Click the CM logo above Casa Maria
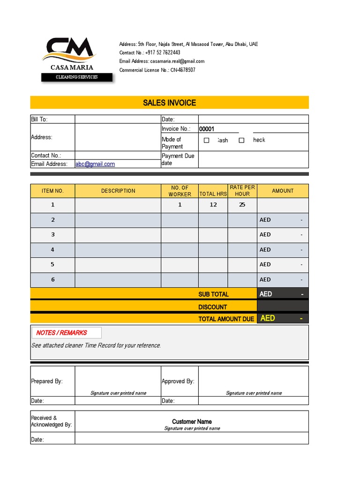click(69, 50)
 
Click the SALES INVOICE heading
click(169, 103)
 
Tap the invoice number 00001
click(207, 129)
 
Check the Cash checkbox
click(207, 140)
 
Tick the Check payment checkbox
click(242, 140)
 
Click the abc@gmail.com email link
click(95, 164)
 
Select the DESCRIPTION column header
click(118, 191)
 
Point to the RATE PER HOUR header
click(242, 191)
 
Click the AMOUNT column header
click(283, 191)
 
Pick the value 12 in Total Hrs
click(213, 205)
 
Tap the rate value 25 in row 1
click(242, 205)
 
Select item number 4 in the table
click(52, 250)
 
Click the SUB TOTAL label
click(213, 294)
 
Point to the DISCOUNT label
click(212, 307)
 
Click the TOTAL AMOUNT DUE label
click(226, 319)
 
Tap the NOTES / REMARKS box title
click(61, 333)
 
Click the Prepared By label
click(47, 382)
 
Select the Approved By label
click(178, 382)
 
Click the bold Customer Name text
click(192, 422)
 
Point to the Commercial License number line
click(157, 70)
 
